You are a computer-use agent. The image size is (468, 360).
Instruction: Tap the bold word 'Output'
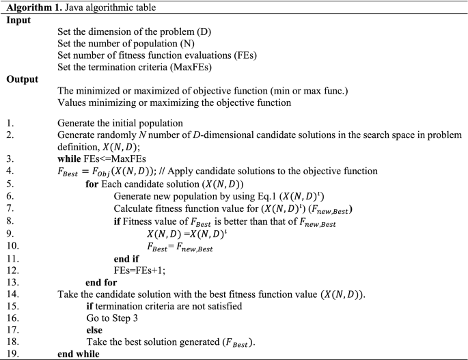tap(22, 79)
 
